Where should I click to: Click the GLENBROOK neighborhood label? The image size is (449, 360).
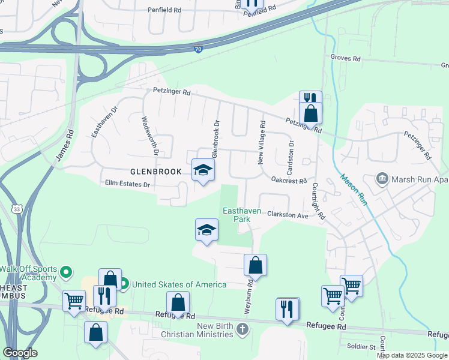coord(155,172)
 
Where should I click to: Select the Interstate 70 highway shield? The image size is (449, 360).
coord(198,51)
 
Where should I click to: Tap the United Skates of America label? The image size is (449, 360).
coord(179,284)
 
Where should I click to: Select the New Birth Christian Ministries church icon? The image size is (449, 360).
coord(241,329)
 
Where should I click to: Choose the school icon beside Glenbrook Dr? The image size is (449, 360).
coord(203,170)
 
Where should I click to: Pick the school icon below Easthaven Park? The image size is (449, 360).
coord(206,230)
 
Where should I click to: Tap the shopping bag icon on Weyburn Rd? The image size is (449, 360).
coord(255,265)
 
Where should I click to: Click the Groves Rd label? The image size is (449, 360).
coord(345,59)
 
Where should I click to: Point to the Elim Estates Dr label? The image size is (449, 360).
coord(127,184)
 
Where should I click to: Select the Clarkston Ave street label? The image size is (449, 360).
coord(288,214)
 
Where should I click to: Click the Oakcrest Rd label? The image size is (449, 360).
coord(289,180)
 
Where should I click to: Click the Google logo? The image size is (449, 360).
coord(20,353)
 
